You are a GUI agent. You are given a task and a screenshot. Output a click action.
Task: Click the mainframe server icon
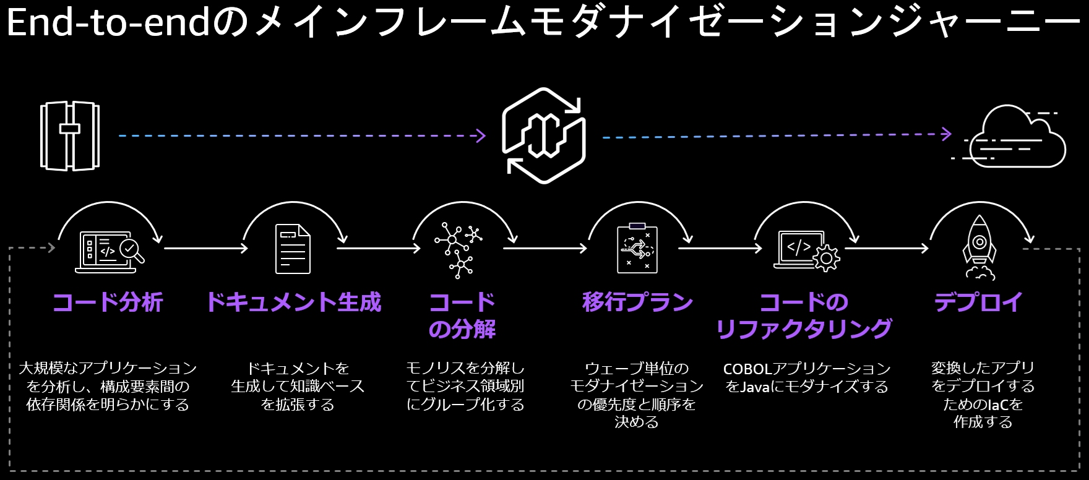pyautogui.click(x=70, y=136)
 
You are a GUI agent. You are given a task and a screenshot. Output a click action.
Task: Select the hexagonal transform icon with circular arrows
pyautogui.click(x=544, y=136)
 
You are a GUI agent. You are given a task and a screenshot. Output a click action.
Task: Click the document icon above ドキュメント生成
pyautogui.click(x=293, y=249)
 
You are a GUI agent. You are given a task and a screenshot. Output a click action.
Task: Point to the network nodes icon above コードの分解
pyautogui.click(x=459, y=249)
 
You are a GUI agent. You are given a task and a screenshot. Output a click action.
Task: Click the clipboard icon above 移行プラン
pyautogui.click(x=637, y=249)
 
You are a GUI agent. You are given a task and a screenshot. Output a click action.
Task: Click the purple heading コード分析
pyautogui.click(x=108, y=302)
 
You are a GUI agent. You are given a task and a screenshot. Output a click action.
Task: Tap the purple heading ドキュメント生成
pyautogui.click(x=294, y=302)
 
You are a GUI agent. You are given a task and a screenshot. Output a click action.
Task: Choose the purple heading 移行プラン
pyautogui.click(x=637, y=302)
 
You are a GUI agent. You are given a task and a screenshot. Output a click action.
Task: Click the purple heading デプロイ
pyautogui.click(x=978, y=302)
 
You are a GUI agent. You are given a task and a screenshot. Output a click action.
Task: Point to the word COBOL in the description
pyautogui.click(x=747, y=369)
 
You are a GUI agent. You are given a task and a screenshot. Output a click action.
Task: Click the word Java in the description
pyautogui.click(x=755, y=387)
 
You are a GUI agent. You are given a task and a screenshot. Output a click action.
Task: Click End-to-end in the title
pyautogui.click(x=108, y=23)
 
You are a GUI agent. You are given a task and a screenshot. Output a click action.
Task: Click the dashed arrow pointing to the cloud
pyautogui.click(x=777, y=135)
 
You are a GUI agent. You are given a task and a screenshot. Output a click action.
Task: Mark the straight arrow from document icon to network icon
pyautogui.click(x=378, y=249)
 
